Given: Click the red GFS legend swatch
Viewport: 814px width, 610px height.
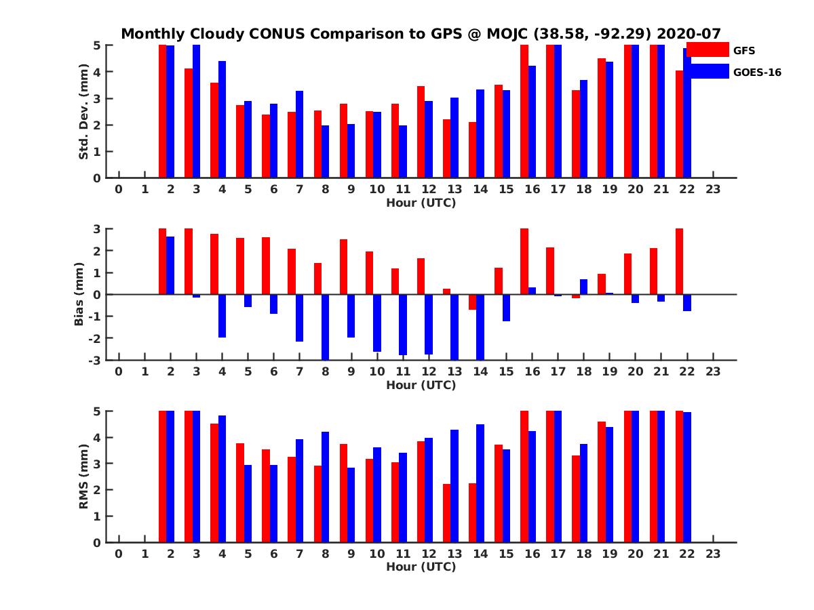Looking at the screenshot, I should coord(708,49).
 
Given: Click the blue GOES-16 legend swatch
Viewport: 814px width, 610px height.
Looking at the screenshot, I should coord(708,71).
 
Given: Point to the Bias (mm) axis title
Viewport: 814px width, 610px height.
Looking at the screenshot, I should coord(80,295).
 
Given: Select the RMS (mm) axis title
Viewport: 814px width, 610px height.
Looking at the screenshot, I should coord(84,476).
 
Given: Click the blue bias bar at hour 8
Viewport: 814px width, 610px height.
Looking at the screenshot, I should coord(325,327).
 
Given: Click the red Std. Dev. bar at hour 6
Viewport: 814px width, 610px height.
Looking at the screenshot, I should coord(266,146).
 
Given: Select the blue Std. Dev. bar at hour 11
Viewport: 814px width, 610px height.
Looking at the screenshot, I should coord(403,151).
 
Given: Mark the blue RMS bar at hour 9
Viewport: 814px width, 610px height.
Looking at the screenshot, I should coord(351,504).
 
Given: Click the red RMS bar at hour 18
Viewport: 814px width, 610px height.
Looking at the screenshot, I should coord(576,498).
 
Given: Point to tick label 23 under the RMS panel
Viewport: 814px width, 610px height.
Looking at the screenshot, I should coord(712,554).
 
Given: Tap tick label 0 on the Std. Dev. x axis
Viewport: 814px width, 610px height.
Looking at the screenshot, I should coord(119,190).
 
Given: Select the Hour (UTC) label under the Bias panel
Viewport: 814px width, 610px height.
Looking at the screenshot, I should coord(421,385).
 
